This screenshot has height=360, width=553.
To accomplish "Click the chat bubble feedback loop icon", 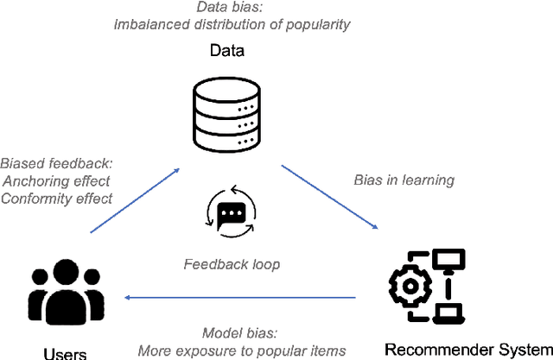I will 231,213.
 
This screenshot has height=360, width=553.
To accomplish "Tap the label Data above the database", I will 228,51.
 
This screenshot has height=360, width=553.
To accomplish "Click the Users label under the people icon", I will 65,352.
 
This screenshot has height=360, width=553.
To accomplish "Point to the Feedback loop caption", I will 232,264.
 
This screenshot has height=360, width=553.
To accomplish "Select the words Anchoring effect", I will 56,180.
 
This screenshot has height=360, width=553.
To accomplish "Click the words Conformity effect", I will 56,198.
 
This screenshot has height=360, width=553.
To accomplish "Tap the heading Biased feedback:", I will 56,163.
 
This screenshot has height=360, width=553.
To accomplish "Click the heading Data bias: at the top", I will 231,7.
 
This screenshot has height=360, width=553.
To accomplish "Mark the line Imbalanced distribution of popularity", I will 232,24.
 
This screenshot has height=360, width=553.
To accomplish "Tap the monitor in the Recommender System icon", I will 449,259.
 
